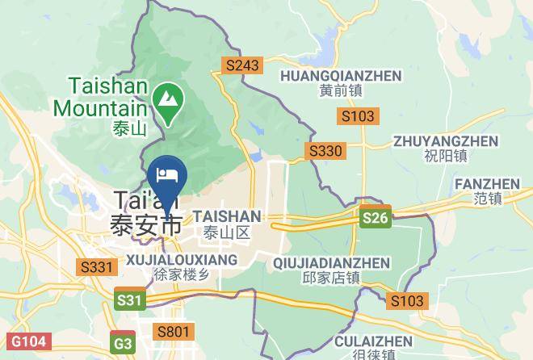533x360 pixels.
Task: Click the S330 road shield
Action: pos(326,150)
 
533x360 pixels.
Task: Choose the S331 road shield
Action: pos(96,266)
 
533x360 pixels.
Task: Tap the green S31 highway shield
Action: pos(129,299)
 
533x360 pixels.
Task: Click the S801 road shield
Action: pos(174,331)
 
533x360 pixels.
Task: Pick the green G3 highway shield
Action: pos(124,343)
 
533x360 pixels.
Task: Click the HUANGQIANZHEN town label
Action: pos(341,76)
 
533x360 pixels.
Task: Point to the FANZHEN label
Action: pos(488,184)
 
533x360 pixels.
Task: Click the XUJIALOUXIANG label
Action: pos(182,260)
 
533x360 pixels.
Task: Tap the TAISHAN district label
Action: pos(227,217)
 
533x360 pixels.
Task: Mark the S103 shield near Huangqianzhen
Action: pos(357,116)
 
